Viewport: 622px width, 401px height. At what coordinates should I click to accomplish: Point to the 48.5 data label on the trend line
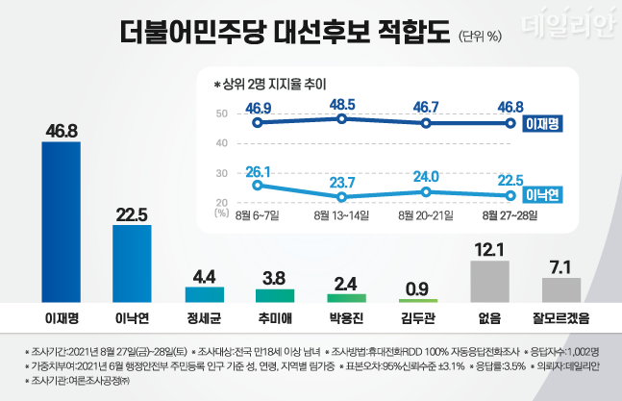[343, 102]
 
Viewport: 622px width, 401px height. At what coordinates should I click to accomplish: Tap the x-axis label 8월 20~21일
[427, 216]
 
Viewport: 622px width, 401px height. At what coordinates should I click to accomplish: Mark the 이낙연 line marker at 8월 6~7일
[257, 186]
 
